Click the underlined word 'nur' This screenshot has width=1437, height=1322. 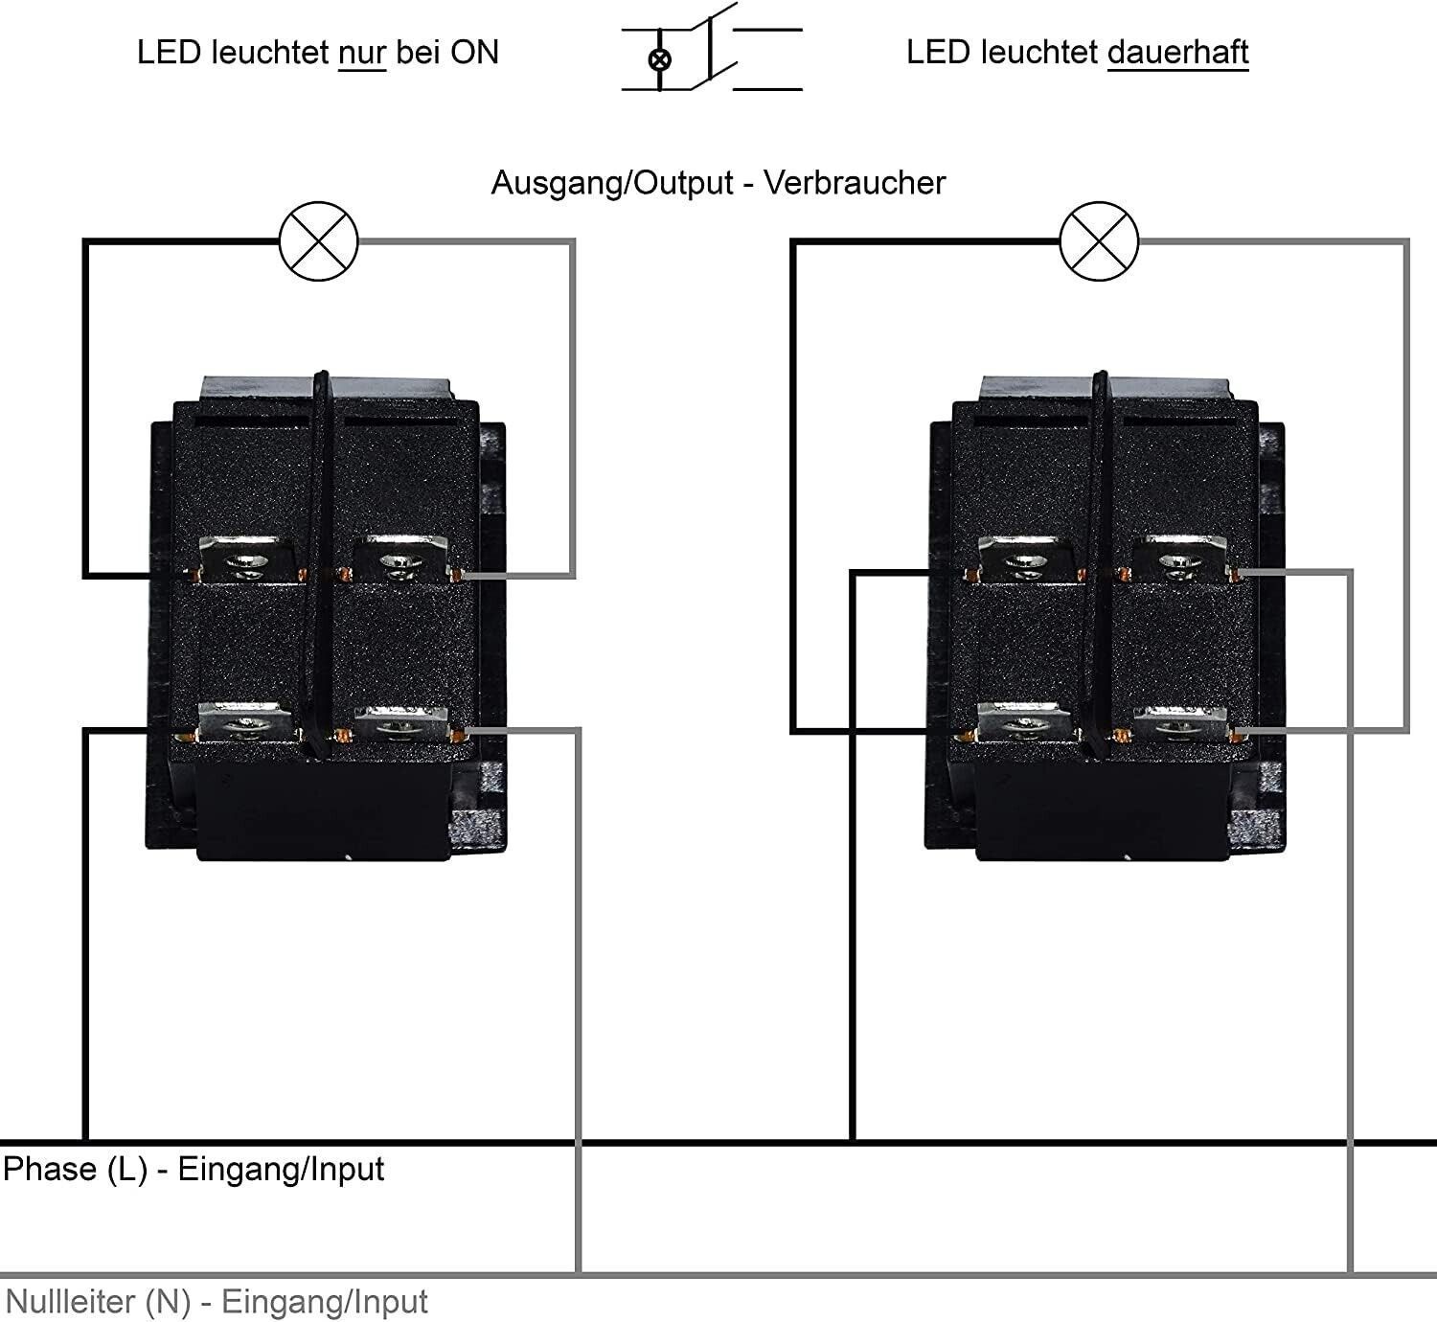tap(362, 53)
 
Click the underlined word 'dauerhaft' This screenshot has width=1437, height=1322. tap(1177, 53)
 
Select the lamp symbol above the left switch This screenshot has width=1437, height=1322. tap(319, 241)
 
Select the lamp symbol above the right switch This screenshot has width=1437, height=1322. tap(1100, 241)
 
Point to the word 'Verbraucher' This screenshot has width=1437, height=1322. tap(855, 183)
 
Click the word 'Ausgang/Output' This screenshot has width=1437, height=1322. tap(612, 183)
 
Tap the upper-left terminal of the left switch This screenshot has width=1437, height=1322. tap(247, 559)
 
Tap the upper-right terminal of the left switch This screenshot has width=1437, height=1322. tap(400, 559)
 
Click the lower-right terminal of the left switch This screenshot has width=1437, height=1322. tap(400, 725)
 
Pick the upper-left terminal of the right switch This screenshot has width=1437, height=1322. tap(1025, 559)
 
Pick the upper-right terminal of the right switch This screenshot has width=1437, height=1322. tap(1179, 559)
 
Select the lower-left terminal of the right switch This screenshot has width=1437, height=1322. tap(1024, 724)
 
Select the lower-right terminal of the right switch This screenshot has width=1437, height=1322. tap(1179, 725)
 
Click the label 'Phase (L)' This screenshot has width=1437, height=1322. tap(75, 1170)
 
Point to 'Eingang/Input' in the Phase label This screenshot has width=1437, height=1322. tap(281, 1170)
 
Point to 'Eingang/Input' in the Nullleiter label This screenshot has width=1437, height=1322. tap(325, 1302)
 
